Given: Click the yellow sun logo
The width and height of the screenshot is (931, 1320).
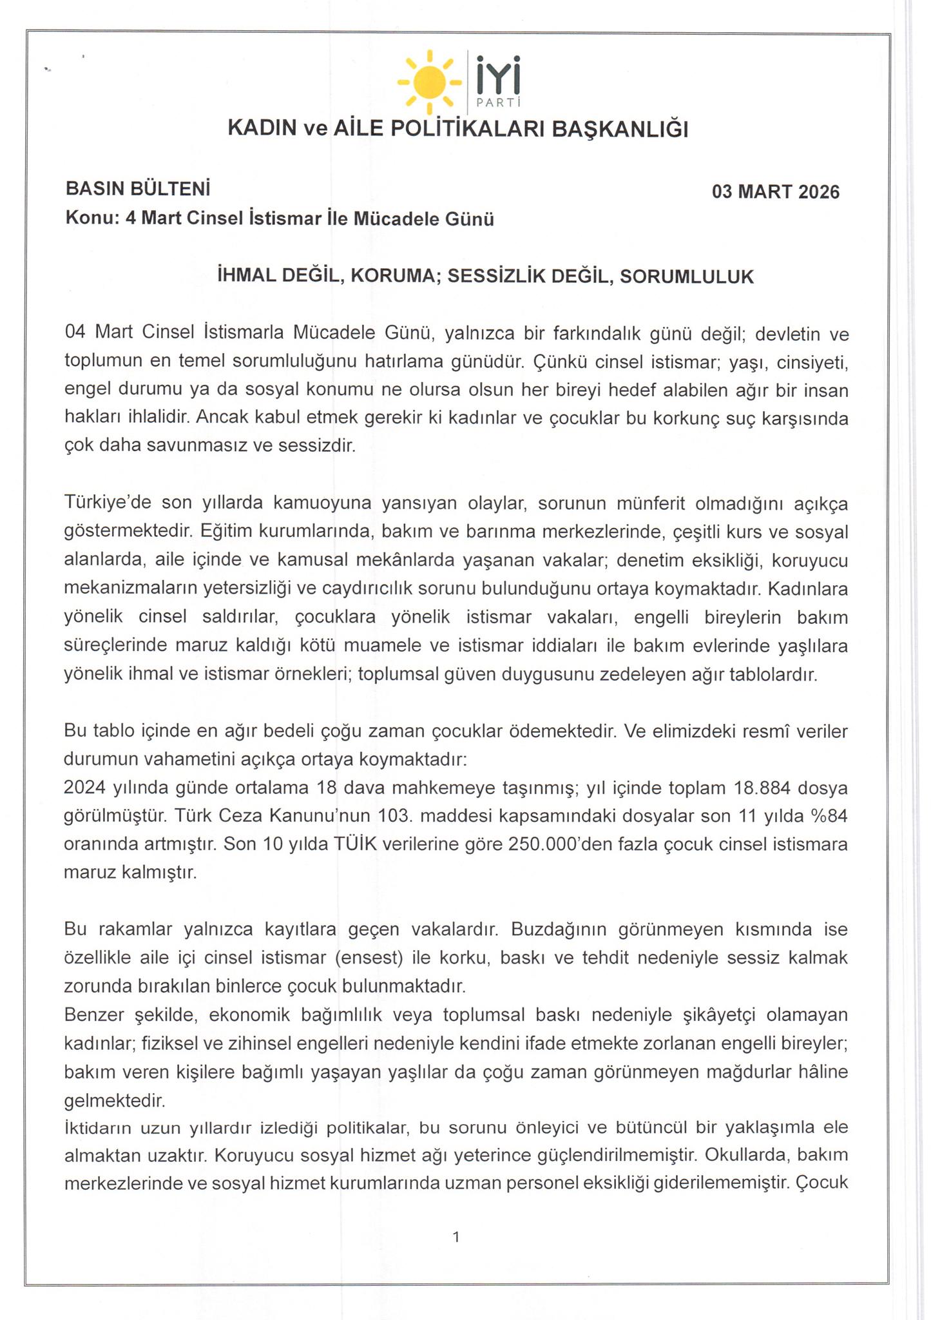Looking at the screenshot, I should [x=429, y=81].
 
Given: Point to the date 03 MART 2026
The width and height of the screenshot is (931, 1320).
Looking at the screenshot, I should [x=775, y=192].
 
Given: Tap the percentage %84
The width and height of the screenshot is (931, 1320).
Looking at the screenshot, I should [x=827, y=816].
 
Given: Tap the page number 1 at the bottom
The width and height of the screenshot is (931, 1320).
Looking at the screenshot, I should [x=456, y=1237].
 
